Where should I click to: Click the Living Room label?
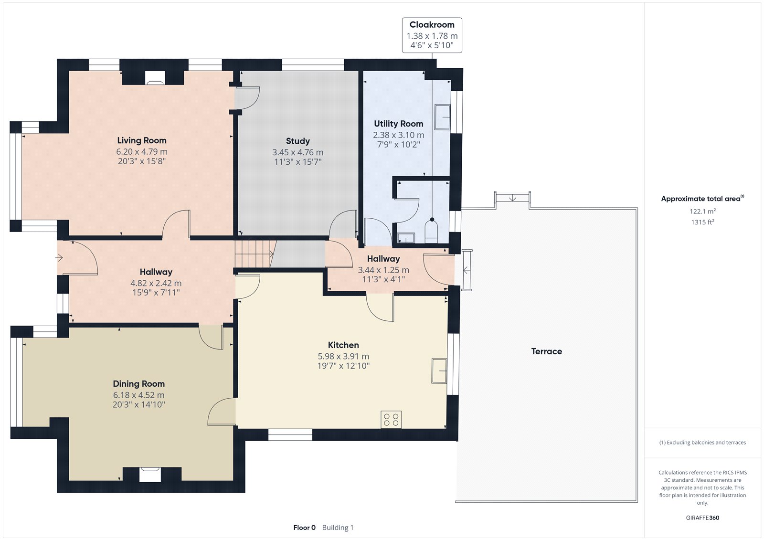(141, 140)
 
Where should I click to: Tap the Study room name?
(298, 141)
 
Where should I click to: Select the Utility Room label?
(398, 124)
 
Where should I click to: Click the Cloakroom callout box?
(432, 35)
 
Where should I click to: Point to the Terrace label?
(546, 351)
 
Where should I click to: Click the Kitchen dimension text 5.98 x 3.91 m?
(343, 357)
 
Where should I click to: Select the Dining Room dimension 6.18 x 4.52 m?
(139, 395)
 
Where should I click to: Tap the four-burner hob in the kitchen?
(391, 420)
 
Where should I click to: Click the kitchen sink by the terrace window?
(439, 371)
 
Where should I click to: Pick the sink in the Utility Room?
(442, 117)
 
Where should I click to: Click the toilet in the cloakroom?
(431, 231)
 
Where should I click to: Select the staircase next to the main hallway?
(255, 254)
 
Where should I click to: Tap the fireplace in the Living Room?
(155, 78)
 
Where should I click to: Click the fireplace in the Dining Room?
(150, 474)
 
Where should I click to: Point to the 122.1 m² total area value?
(702, 211)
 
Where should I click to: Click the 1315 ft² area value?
(702, 222)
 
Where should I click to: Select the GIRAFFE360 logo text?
(702, 518)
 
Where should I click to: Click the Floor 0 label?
(304, 528)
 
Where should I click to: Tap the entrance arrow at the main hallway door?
(59, 257)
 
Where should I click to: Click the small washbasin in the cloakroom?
(406, 238)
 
